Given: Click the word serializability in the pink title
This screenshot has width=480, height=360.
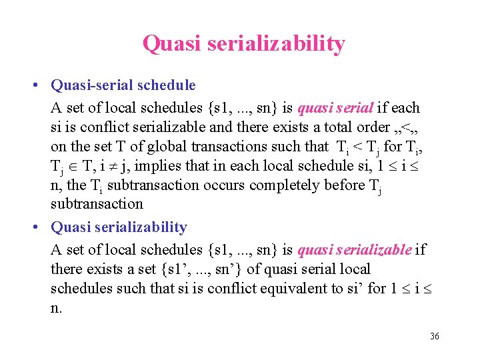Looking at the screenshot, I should [x=276, y=44].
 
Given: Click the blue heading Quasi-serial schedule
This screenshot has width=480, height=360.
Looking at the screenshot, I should [x=123, y=85].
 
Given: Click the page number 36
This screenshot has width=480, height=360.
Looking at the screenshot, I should [x=434, y=337].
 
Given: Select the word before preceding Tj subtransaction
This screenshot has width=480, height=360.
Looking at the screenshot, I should [x=342, y=185].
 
